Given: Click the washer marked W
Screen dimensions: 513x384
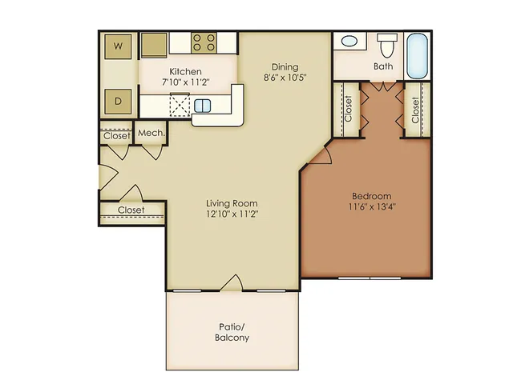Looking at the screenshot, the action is click(118, 46).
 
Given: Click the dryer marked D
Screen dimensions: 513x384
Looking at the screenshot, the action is click(118, 102).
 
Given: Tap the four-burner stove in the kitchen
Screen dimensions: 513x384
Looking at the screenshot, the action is click(204, 42).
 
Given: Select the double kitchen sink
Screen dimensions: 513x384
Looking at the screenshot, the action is click(202, 106).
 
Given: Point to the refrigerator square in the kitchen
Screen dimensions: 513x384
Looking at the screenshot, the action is click(154, 45).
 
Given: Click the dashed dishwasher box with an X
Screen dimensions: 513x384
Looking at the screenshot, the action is click(180, 105).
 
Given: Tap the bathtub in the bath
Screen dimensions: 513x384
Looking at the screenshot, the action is click(418, 56).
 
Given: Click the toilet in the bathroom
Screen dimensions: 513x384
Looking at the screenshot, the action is click(387, 46).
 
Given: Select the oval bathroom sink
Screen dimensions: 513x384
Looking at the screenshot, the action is click(349, 42).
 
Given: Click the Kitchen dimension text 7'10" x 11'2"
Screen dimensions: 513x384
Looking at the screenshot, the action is click(185, 82).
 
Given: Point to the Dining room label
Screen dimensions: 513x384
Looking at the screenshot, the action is click(285, 67).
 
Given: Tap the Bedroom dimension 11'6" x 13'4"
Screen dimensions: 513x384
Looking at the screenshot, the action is click(372, 206).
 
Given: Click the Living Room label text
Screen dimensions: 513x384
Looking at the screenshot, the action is click(232, 203).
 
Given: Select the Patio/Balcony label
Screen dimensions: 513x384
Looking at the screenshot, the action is click(232, 332).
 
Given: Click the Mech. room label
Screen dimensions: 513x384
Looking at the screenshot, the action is click(151, 133).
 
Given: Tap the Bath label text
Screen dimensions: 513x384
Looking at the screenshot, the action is click(383, 66).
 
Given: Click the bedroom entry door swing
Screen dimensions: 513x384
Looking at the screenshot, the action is click(322, 155).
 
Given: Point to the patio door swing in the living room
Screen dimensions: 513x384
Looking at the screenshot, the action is click(232, 282).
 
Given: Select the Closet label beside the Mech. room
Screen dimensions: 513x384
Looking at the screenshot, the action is click(117, 135).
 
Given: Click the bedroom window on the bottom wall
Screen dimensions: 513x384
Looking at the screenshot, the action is click(370, 278).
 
